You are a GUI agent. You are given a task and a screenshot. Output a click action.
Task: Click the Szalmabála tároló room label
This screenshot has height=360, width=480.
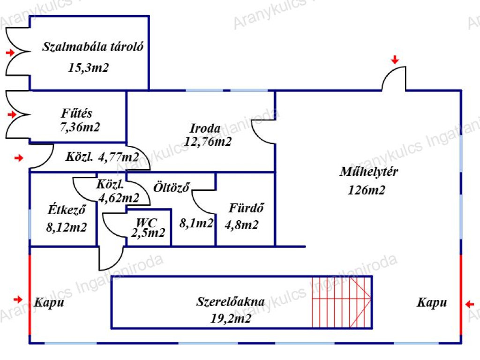click(92, 47)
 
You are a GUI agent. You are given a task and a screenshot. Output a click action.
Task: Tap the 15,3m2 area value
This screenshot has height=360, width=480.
click(88, 67)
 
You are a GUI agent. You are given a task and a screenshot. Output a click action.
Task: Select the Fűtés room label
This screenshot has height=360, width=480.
click(76, 113)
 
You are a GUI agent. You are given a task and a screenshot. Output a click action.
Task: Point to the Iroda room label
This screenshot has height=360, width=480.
click(205, 128)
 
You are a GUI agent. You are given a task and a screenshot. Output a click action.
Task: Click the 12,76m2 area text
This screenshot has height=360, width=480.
click(208, 142)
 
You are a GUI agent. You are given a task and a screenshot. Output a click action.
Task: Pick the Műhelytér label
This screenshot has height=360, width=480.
click(368, 171)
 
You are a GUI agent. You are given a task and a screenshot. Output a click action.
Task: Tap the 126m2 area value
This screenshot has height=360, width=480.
click(367, 190)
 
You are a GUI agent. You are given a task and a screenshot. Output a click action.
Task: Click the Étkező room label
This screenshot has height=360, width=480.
click(67, 210)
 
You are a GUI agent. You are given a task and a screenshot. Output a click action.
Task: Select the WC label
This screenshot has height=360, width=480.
click(146, 222)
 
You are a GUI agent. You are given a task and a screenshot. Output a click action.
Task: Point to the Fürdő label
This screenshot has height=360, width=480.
click(246, 208)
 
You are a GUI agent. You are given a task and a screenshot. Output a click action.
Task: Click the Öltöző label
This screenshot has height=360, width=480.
click(172, 187)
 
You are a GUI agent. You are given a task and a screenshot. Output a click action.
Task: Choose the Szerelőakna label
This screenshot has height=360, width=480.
click(230, 302)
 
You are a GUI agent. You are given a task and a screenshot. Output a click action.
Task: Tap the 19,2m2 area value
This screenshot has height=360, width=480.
click(231, 319)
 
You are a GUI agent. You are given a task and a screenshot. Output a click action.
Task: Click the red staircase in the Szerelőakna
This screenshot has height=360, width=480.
click(342, 302)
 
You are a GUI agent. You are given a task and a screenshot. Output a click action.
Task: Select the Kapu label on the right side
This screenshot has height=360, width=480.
click(432, 302)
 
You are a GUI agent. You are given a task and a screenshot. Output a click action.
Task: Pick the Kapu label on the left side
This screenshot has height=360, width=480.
click(49, 302)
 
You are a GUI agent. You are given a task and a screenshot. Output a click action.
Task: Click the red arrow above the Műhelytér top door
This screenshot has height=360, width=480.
click(395, 60)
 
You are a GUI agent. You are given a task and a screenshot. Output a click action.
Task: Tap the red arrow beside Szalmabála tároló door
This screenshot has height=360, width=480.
click(10, 52)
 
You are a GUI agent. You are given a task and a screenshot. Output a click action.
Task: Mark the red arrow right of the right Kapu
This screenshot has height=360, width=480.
click(470, 304)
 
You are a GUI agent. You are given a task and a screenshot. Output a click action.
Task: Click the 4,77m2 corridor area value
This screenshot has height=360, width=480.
click(119, 157)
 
